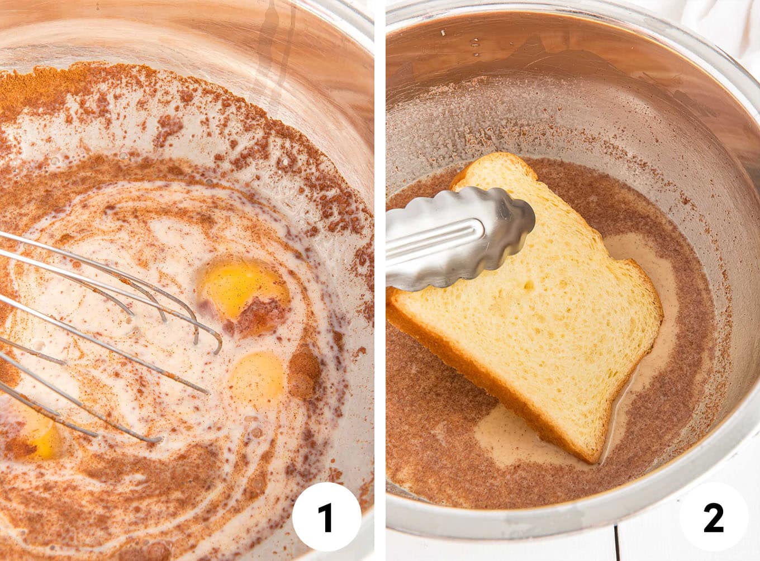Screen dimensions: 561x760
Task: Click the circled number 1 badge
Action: (x=326, y=517)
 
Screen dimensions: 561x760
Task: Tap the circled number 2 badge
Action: (x=714, y=517)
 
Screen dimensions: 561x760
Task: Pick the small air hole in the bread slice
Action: (x=528, y=286)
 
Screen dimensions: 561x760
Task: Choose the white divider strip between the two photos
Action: (x=380, y=279)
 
